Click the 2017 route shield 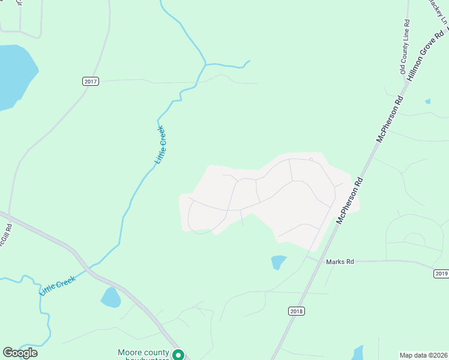click(90, 81)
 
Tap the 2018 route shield click(297, 311)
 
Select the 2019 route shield click(441, 274)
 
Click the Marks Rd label click(340, 262)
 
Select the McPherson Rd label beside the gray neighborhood click(351, 200)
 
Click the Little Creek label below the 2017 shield click(160, 145)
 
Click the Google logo click(20, 352)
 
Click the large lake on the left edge click(13, 75)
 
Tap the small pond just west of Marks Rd click(279, 262)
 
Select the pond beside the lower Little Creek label click(110, 297)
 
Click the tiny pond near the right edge click(427, 101)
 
